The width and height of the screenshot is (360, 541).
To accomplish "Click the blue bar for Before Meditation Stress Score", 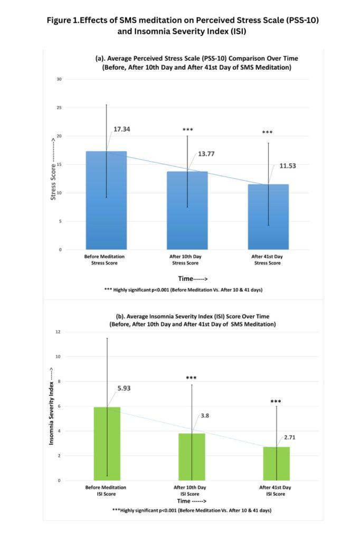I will [106, 201].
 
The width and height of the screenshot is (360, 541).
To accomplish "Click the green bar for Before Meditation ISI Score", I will [107, 444].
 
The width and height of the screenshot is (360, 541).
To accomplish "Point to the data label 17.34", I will [122, 129].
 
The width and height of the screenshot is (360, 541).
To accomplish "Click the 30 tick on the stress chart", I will [59, 79].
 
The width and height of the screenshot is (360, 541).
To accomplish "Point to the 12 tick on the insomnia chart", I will [59, 332].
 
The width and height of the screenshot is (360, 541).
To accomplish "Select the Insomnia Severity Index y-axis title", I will [52, 407].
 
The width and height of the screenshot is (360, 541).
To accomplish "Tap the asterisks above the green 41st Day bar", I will [276, 402].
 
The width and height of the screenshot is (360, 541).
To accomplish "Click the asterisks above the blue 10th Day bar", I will [188, 129].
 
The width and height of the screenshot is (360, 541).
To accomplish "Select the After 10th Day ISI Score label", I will [192, 490].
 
